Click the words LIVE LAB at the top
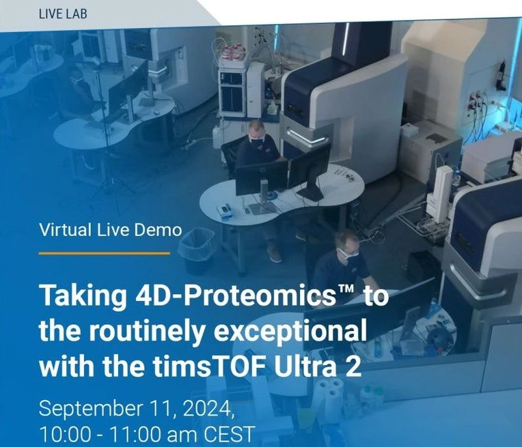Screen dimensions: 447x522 pyautogui.click(x=64, y=13)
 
